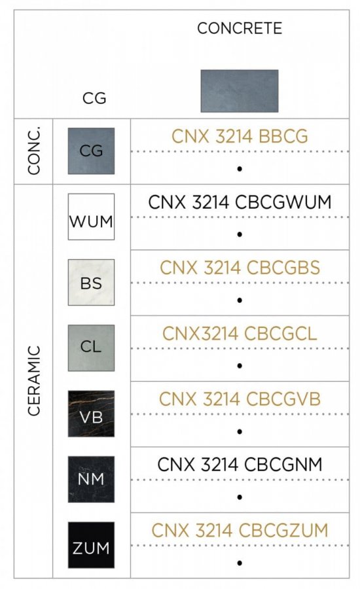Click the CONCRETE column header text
[240, 29]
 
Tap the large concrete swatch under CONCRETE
[240, 91]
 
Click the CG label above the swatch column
[94, 98]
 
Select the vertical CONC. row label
[34, 151]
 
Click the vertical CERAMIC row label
[34, 380]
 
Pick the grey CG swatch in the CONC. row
[91, 151]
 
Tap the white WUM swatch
[91, 217]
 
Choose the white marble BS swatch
[91, 283]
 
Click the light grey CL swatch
[91, 348]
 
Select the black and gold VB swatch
[91, 414]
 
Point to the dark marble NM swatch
[91, 479]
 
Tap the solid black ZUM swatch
[91, 545]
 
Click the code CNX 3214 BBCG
[240, 136]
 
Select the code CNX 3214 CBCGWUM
[240, 202]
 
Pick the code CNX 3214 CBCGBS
[240, 268]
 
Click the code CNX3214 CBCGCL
[240, 334]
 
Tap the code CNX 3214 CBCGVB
[240, 399]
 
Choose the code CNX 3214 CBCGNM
[240, 465]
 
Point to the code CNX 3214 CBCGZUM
[240, 530]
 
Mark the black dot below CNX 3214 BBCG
[240, 169]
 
